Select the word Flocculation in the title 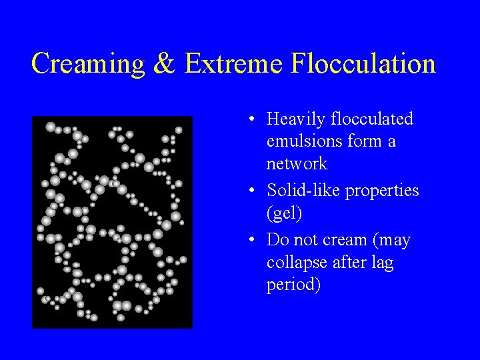(x=363, y=64)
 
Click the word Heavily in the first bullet (x=292, y=120)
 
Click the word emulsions (x=301, y=141)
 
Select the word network (x=297, y=163)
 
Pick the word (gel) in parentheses (x=283, y=214)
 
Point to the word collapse (x=295, y=263)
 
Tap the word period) (x=294, y=285)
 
